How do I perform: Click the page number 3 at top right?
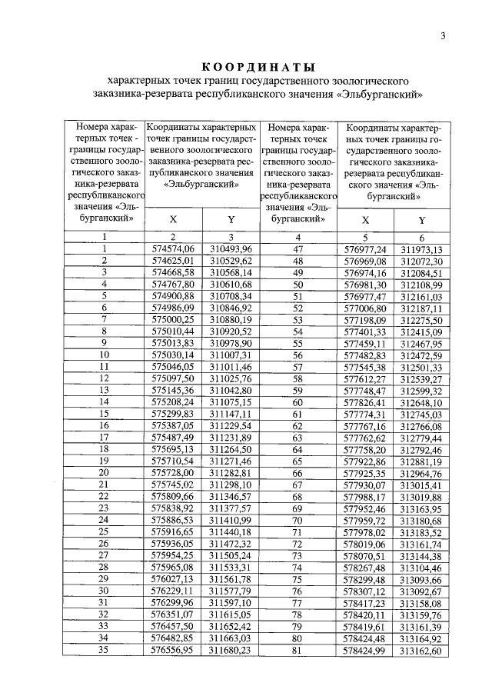(444, 36)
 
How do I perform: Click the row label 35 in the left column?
(103, 650)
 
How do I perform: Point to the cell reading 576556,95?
(173, 650)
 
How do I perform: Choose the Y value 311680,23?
(231, 650)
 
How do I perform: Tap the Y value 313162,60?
(422, 650)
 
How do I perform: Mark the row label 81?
(299, 650)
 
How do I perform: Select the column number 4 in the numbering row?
(299, 236)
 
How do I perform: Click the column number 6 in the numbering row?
(422, 236)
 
